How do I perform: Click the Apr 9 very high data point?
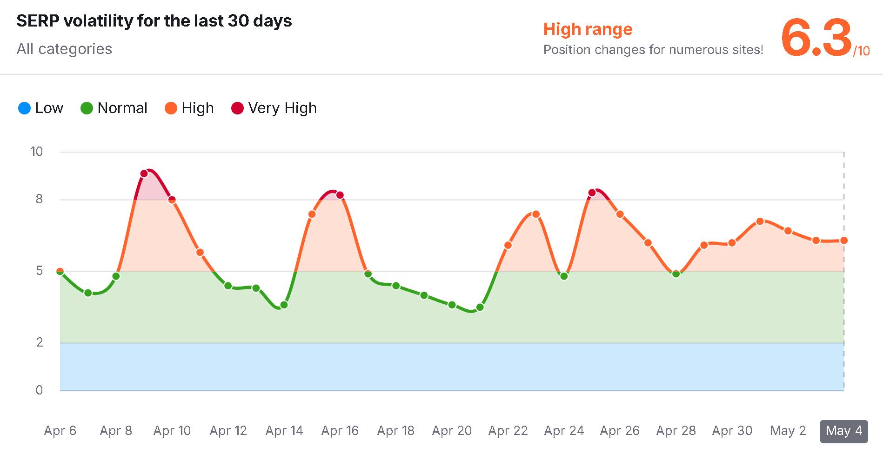coord(144,174)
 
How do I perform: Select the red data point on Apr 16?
coord(340,195)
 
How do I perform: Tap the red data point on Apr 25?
coord(592,193)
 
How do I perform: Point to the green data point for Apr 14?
coord(284,305)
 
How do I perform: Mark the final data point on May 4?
coord(844,241)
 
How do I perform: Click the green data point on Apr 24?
coord(564,276)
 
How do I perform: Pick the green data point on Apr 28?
coord(676,274)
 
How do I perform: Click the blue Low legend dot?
coord(24,108)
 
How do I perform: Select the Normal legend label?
coord(122,108)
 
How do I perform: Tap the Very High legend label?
coord(282,108)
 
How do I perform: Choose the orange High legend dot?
coord(171,108)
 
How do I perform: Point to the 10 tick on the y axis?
coord(36,152)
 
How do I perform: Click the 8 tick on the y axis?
coord(39,200)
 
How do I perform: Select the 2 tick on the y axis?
coord(40,342)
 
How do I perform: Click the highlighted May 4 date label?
coord(844,431)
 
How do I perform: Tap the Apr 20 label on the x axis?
coord(452,431)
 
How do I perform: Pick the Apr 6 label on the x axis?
coord(60,431)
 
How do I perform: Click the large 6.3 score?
coord(816,37)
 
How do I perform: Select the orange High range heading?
coord(588,29)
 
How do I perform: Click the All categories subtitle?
coord(64,49)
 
